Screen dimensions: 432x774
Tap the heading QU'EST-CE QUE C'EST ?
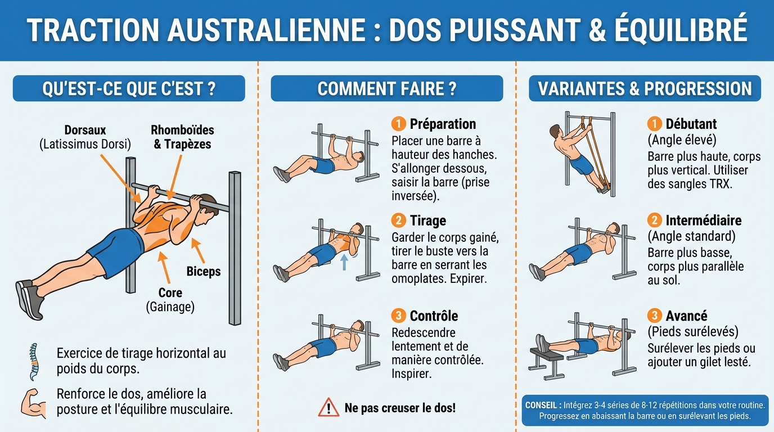129,89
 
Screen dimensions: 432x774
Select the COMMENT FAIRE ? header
386,89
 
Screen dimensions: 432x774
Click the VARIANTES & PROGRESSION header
645,89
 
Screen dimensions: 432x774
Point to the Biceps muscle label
203,272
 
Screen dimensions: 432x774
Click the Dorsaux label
85,130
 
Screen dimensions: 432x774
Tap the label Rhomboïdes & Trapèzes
182,137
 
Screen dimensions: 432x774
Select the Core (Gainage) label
170,299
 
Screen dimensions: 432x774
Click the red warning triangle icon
328,407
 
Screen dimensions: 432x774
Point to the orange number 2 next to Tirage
398,220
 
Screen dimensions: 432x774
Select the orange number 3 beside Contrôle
398,316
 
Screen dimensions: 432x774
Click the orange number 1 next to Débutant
654,124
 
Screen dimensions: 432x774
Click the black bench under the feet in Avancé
547,355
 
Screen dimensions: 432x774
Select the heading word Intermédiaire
703,220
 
